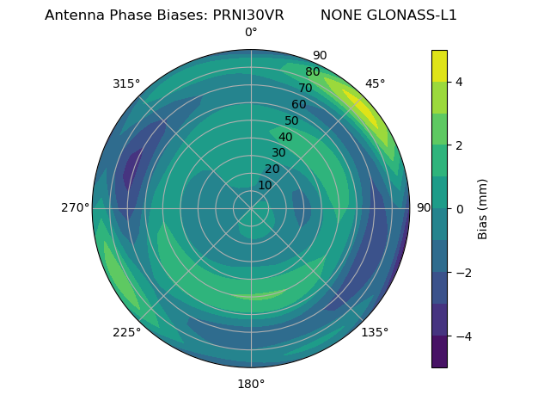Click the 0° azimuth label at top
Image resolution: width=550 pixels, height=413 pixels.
point(251,33)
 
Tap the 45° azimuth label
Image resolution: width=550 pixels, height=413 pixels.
point(376,83)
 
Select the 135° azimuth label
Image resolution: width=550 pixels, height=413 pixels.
point(375,332)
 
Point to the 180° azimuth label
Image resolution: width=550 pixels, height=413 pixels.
point(251,384)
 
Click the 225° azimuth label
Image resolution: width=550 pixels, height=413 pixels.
point(126,332)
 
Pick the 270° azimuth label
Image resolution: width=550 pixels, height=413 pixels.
point(76,207)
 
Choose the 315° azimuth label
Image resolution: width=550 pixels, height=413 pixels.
point(126,83)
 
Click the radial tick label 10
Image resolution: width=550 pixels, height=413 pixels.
point(265,185)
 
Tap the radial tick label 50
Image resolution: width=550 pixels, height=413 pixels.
point(292,121)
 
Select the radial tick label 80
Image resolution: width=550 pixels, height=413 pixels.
point(313,72)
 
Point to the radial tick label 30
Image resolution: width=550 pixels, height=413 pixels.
point(278,153)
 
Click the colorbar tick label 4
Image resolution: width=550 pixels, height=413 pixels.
point(460,82)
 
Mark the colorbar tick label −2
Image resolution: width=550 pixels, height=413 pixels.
point(463,273)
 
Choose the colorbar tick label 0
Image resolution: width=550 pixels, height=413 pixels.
point(460,209)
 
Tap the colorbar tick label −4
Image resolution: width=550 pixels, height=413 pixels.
point(463,336)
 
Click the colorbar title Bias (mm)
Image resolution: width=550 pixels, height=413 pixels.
point(483,209)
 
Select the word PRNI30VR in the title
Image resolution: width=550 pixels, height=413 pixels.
point(248,15)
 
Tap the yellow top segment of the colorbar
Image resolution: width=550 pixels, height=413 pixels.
point(439,66)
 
